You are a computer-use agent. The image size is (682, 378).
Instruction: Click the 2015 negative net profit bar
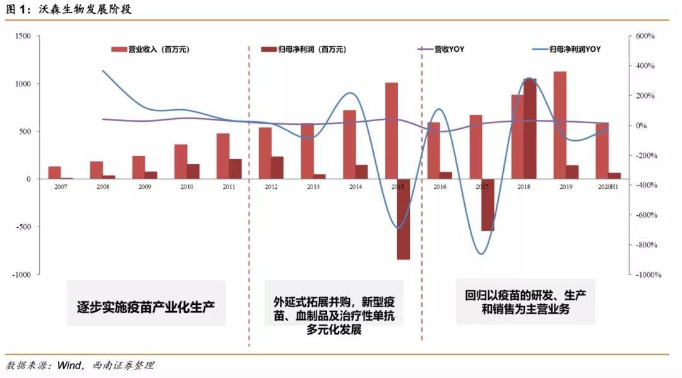[x=404, y=219]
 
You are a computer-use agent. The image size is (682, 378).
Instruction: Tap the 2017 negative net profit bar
[x=488, y=204]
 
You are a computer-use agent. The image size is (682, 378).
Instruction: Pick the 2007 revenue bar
[x=55, y=172]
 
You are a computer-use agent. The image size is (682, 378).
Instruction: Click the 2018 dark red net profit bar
[x=530, y=129]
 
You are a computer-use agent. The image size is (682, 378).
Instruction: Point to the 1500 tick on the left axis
[x=23, y=36]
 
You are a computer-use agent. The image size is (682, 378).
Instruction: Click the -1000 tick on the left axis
[x=21, y=275]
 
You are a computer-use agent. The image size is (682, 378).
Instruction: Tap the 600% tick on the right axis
[x=645, y=36]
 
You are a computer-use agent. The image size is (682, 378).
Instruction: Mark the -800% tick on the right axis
[x=645, y=245]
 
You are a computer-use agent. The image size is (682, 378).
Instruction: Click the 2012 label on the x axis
[x=271, y=187]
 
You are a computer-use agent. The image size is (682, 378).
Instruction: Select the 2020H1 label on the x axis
[x=607, y=187]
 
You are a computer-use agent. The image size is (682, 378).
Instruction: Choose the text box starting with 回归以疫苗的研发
[x=525, y=302]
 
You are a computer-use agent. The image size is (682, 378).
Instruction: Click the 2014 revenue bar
[x=349, y=145]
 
